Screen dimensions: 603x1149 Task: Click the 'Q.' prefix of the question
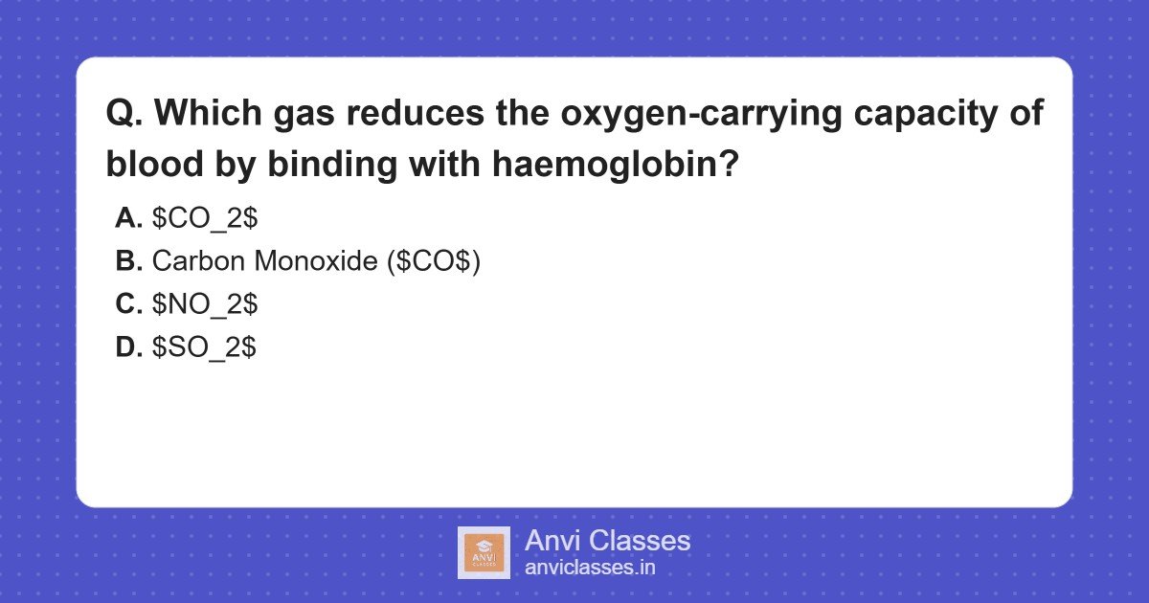coord(124,114)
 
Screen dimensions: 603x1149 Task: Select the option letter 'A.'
coord(128,218)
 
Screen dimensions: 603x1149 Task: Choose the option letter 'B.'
coord(128,261)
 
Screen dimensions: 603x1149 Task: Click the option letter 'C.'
coord(128,304)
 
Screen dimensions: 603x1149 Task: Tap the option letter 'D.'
coord(128,347)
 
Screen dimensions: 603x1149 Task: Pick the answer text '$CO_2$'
coord(205,218)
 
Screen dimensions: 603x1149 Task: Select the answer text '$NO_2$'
coord(205,304)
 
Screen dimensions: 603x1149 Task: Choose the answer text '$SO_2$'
coord(204,347)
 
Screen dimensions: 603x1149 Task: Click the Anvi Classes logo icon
coord(484,553)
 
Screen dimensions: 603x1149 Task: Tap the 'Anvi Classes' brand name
coord(607,541)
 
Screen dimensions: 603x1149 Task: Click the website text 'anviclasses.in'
coord(590,568)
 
